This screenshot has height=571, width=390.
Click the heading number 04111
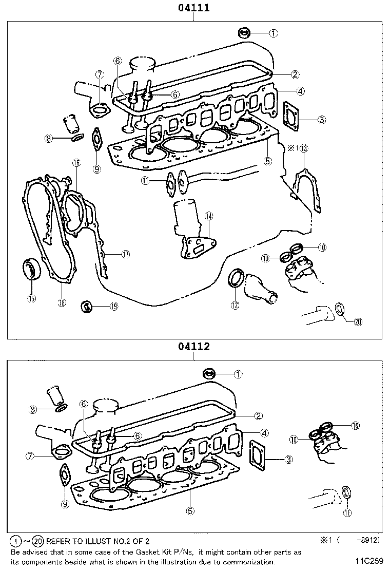point(193,8)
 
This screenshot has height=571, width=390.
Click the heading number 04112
point(193,347)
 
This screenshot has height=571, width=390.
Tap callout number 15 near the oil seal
point(32,298)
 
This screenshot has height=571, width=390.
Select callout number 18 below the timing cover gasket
point(62,302)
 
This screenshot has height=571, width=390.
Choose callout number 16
point(76,163)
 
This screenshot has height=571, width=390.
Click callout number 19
point(113,307)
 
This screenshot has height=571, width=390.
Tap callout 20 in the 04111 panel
point(358,322)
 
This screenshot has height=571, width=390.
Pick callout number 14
point(208,216)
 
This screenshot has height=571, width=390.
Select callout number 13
point(304,148)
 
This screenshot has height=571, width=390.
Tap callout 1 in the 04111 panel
point(273,33)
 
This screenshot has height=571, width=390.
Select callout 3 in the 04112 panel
point(289,459)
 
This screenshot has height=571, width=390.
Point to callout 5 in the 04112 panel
point(190,510)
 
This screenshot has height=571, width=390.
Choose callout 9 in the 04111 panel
point(97,168)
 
